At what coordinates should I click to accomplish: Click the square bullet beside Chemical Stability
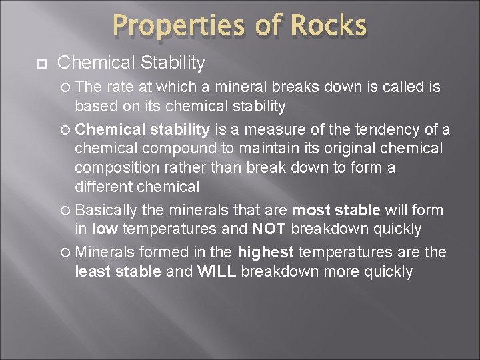coord(39,64)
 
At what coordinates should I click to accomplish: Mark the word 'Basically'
coord(108,211)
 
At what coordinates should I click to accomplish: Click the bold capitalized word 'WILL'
coord(218,271)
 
